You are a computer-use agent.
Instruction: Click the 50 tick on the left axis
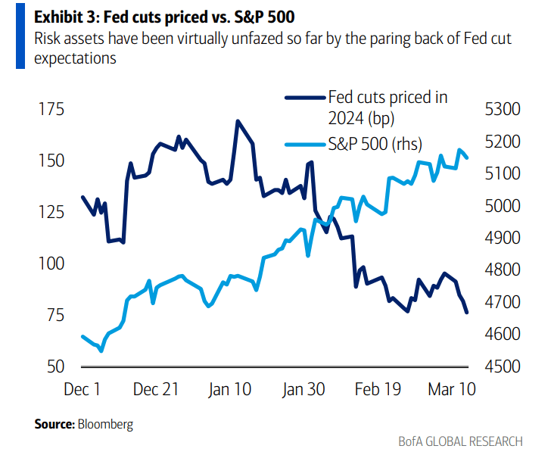click(51, 366)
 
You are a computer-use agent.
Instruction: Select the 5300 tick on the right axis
click(502, 109)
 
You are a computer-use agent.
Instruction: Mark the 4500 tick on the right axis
click(502, 366)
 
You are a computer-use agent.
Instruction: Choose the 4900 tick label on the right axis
click(502, 238)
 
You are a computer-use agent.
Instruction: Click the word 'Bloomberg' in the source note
click(105, 424)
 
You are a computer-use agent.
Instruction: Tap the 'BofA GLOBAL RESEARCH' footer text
click(460, 441)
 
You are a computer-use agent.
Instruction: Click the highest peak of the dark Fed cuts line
click(238, 120)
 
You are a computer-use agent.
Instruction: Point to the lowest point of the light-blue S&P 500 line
click(101, 351)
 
